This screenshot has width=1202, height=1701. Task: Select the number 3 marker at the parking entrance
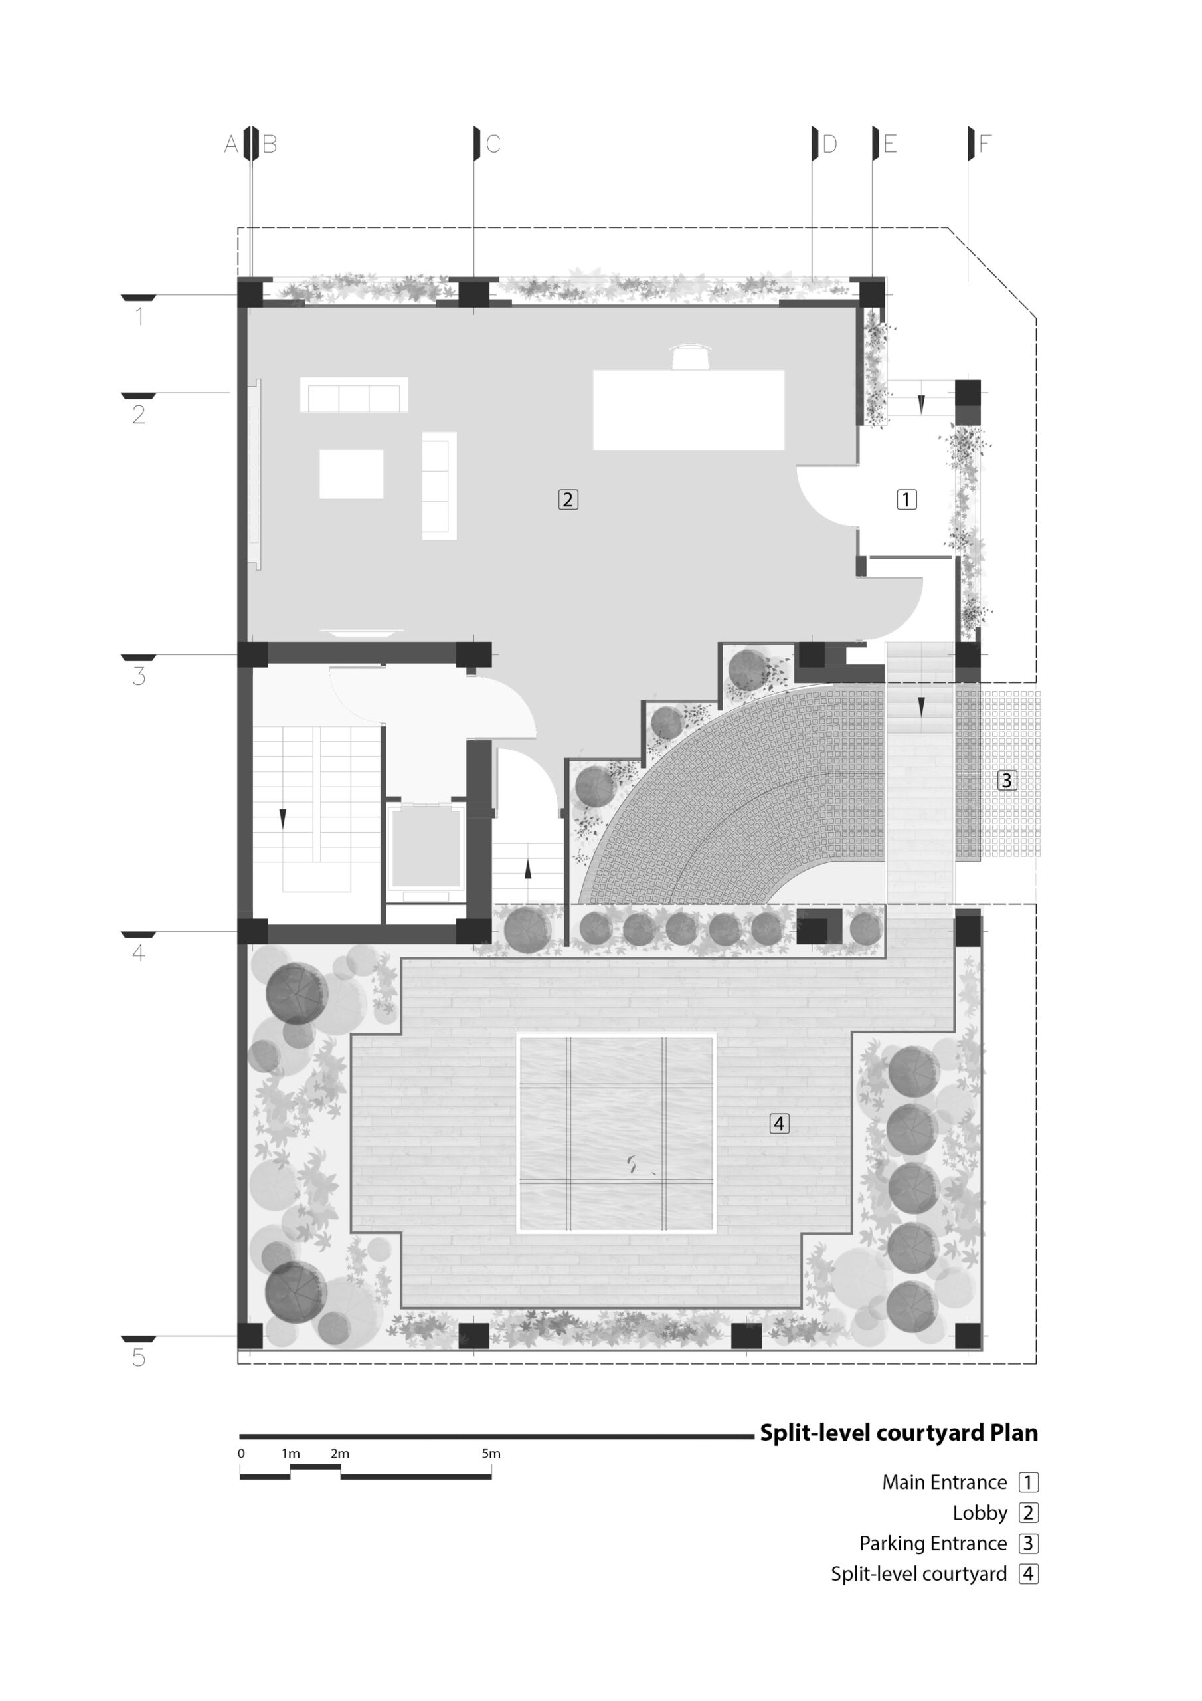click(1007, 780)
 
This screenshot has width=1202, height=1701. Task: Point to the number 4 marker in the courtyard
click(778, 1124)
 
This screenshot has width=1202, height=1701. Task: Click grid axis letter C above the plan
click(493, 144)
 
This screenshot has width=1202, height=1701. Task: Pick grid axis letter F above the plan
click(984, 144)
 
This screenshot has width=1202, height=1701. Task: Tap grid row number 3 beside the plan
click(139, 676)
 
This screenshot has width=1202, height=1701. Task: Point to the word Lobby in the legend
click(980, 1513)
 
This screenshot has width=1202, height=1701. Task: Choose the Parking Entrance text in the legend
click(933, 1544)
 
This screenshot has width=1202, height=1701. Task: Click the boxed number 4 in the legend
click(1028, 1573)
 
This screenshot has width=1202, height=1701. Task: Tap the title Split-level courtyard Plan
click(899, 1433)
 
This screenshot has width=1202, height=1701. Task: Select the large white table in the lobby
click(689, 410)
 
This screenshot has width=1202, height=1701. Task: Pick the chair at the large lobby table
click(690, 356)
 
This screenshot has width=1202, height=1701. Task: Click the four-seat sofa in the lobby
click(354, 395)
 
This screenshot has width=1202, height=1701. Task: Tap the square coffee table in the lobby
click(351, 474)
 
